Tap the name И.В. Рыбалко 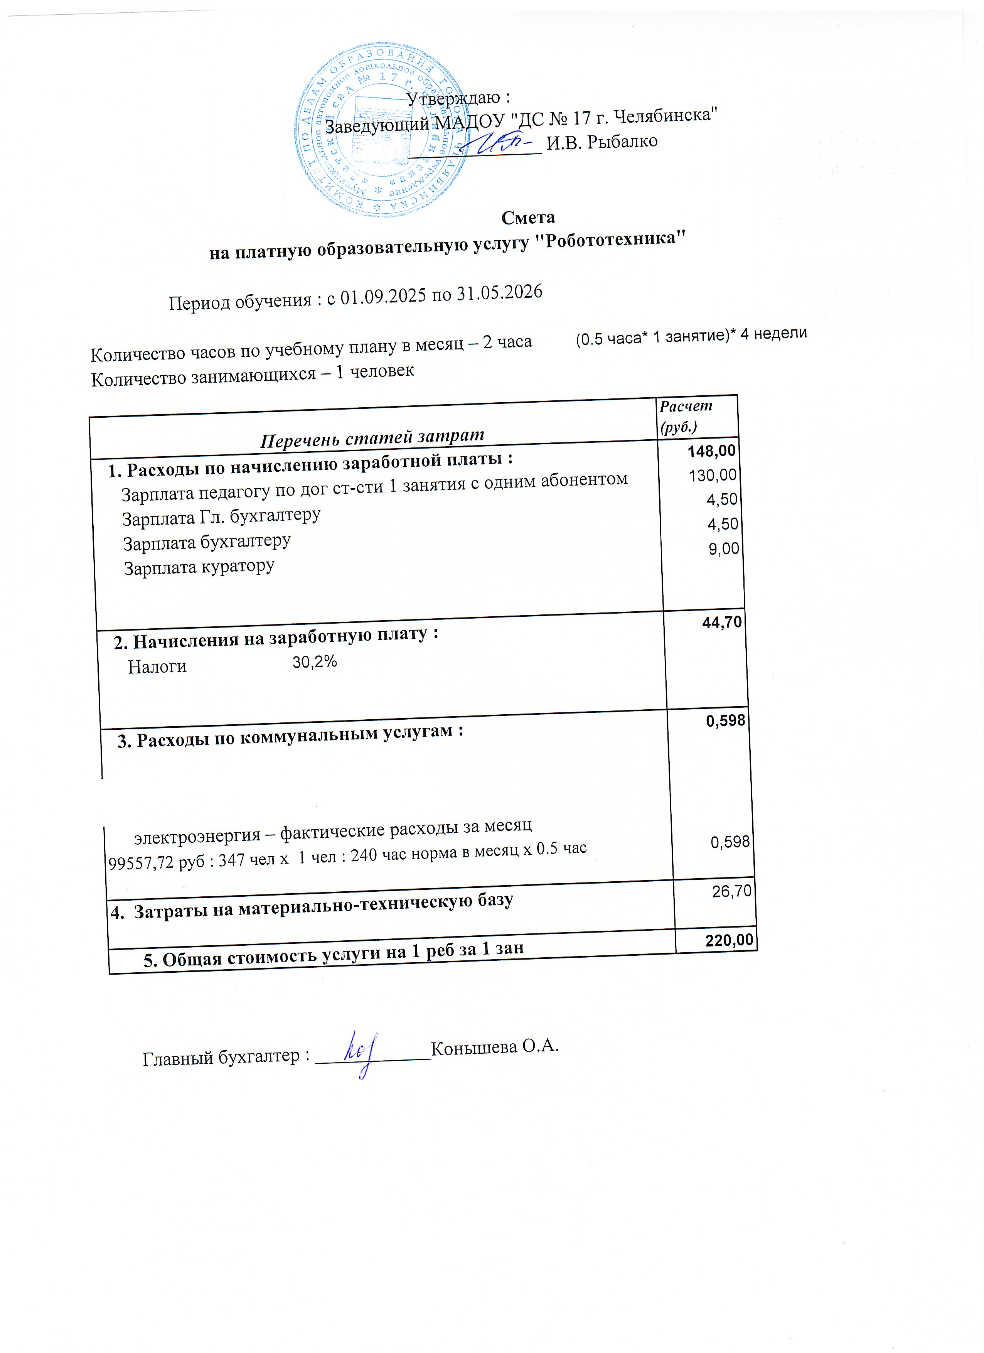(x=602, y=142)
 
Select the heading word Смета (x=528, y=218)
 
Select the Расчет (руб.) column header (x=686, y=416)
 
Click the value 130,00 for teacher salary (x=713, y=476)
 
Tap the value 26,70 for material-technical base (x=732, y=892)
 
